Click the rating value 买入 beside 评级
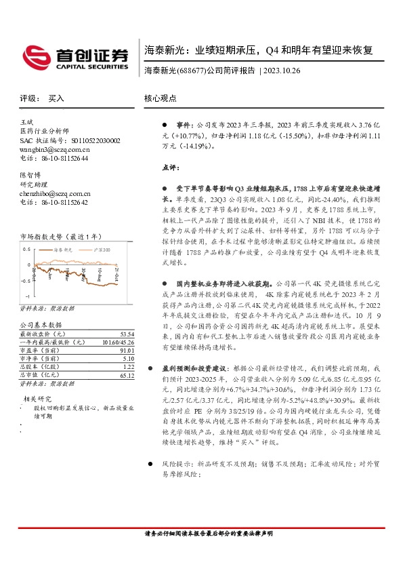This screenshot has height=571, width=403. click(x=56, y=98)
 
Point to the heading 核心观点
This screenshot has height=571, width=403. click(x=160, y=98)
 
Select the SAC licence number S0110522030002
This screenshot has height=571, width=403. click(x=91, y=140)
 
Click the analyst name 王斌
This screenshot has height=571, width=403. click(x=27, y=122)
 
